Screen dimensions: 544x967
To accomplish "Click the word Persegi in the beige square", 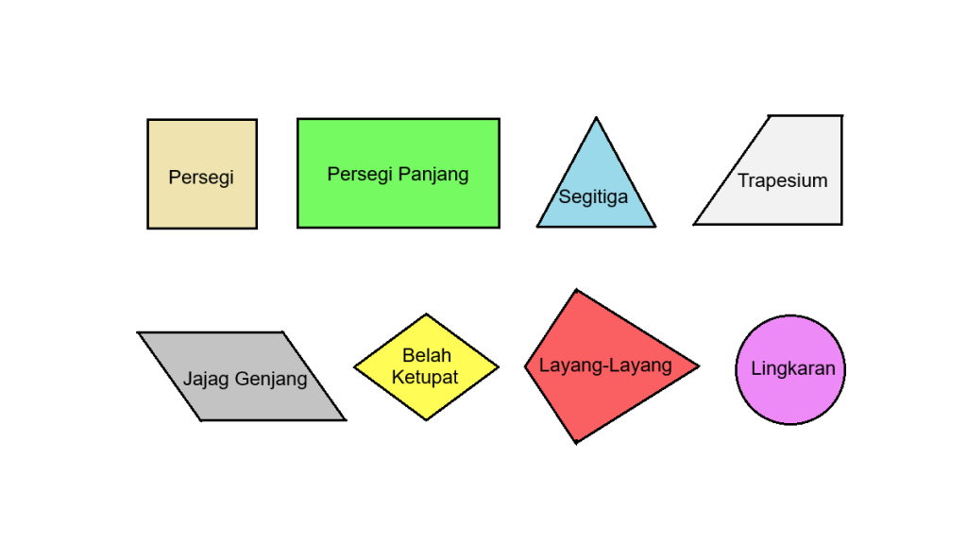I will pos(200,178).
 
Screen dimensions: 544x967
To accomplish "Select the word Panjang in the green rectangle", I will pos(433,175).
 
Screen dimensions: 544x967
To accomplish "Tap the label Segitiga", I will pos(593,197).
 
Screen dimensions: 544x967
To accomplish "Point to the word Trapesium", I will pos(782,180).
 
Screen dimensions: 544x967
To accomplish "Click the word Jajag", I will pos(204,379).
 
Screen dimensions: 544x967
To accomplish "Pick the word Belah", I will pos(427,356).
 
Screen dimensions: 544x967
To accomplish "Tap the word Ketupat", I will pos(427,377).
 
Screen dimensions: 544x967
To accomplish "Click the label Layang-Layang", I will pos(605,365).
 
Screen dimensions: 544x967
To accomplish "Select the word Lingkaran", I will pos(792,368).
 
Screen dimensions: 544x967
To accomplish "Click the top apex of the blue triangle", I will pos(596,118).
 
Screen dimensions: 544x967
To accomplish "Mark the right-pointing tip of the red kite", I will pos(699,366).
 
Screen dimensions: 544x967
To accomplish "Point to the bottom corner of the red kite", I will pos(576,442).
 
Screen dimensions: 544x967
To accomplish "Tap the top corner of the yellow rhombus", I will pos(427,314).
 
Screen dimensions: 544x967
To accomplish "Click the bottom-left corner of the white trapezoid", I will pos(695,224).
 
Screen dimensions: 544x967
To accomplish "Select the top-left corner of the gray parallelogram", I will pos(139,332).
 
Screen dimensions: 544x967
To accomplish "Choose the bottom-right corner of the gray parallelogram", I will pos(345,419).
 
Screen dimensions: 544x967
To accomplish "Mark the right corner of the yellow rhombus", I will pos(498,366).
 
